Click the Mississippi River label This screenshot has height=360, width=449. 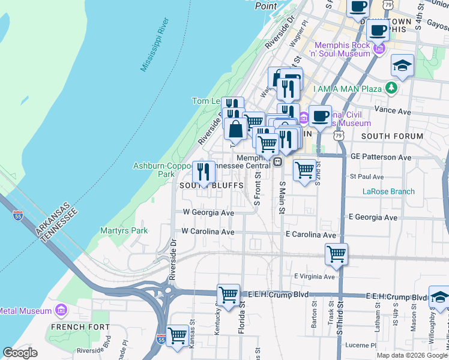coord(155,45)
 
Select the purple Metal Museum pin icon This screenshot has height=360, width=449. coord(61,310)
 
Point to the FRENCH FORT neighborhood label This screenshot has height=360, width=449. coord(72,327)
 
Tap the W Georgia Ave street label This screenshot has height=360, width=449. coord(208,212)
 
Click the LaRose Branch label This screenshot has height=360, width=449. coord(388,192)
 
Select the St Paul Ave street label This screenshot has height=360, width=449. coord(366,177)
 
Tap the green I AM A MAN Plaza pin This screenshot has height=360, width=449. coord(391,89)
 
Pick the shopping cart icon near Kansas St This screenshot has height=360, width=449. coord(177,335)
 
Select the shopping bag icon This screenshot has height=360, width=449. coord(236,128)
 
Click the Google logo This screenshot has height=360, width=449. coord(20,353)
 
